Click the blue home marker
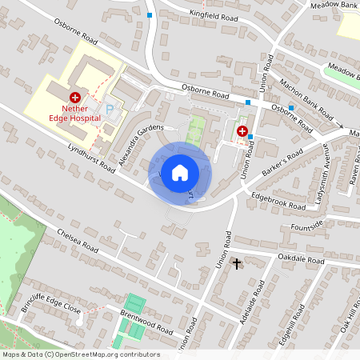pyautogui.click(x=180, y=173)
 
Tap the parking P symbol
pyautogui.click(x=109, y=108)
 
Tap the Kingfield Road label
pyautogui.click(x=214, y=15)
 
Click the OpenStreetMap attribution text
pyautogui.click(x=80, y=354)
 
